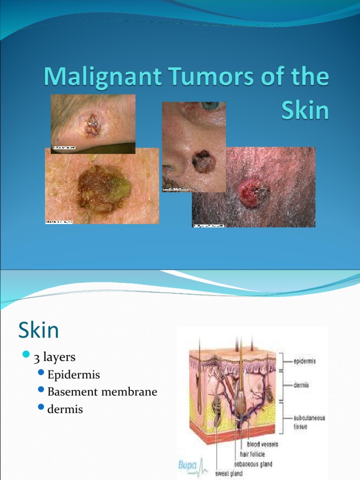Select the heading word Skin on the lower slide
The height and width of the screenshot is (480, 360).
(x=38, y=330)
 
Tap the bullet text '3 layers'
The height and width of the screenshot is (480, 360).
(x=54, y=357)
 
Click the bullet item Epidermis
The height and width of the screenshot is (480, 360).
(x=74, y=375)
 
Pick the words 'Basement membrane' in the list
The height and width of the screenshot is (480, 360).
(x=102, y=391)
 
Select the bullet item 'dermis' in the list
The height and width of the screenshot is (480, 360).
(x=65, y=409)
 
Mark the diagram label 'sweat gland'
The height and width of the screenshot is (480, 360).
(x=229, y=473)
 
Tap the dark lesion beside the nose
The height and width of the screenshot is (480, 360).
(x=203, y=162)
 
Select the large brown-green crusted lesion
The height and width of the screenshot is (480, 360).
(x=104, y=189)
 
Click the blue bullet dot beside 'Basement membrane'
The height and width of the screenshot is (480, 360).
(x=41, y=390)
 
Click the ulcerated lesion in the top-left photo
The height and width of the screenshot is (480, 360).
(x=92, y=126)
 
